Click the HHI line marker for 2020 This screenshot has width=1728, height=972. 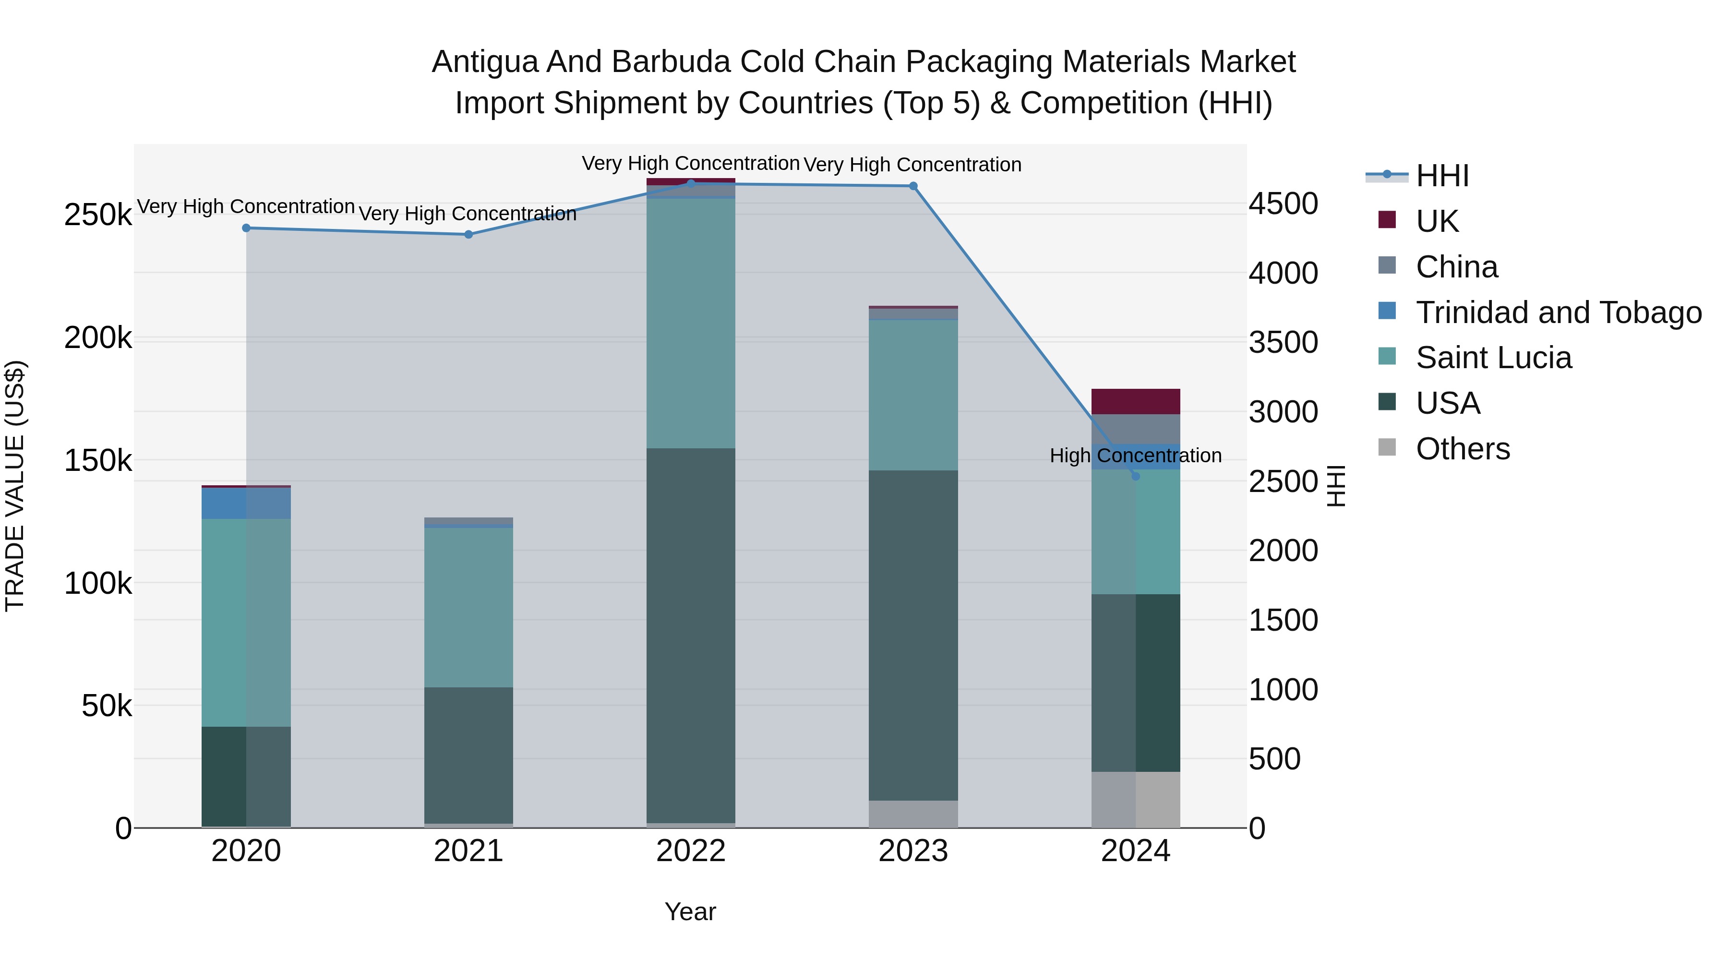pyautogui.click(x=246, y=228)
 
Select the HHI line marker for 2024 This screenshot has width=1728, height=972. pyautogui.click(x=1136, y=476)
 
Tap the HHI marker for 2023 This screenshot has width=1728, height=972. pyautogui.click(x=913, y=186)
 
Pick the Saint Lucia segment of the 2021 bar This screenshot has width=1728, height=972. pyautogui.click(x=468, y=607)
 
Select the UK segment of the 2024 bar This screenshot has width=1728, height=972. pyautogui.click(x=1136, y=401)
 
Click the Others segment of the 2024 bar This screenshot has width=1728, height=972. pyautogui.click(x=1136, y=800)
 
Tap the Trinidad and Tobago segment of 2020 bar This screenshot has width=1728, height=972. pyautogui.click(x=246, y=503)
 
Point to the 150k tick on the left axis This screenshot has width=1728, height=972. pyautogui.click(x=98, y=461)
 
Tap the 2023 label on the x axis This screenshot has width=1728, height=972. pyautogui.click(x=913, y=851)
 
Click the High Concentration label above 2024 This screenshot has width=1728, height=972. pyautogui.click(x=1136, y=456)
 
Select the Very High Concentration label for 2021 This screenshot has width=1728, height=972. pyautogui.click(x=468, y=214)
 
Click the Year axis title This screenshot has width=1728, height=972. pyautogui.click(x=690, y=912)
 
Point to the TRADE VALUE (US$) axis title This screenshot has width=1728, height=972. pyautogui.click(x=15, y=486)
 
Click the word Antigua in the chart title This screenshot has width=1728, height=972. pyautogui.click(x=485, y=62)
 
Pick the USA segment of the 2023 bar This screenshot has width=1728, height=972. pyautogui.click(x=913, y=635)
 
